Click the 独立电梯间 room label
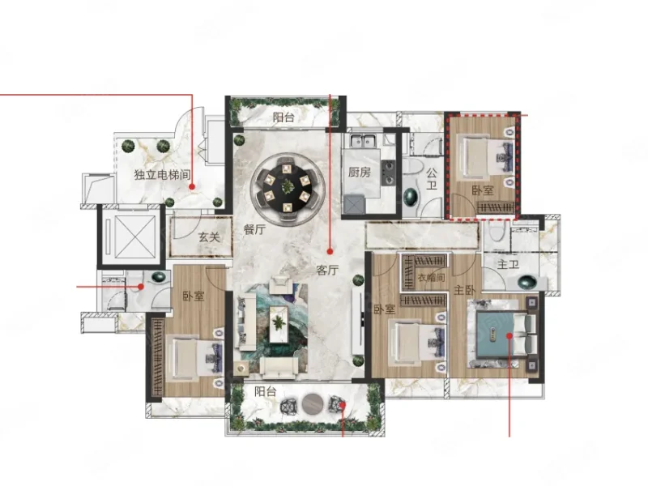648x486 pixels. pyautogui.click(x=162, y=174)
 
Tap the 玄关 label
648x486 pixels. pyautogui.click(x=209, y=237)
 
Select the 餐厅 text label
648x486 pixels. pyautogui.click(x=254, y=229)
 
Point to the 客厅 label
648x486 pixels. pyautogui.click(x=327, y=271)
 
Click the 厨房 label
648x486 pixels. pyautogui.click(x=359, y=172)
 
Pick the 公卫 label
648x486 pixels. pyautogui.click(x=432, y=179)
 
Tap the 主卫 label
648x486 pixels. pyautogui.click(x=508, y=264)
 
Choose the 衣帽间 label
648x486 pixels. pyautogui.click(x=431, y=277)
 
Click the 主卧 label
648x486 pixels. pyautogui.click(x=464, y=290)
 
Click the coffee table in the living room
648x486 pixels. pyautogui.click(x=279, y=324)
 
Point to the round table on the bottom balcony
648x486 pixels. pyautogui.click(x=313, y=404)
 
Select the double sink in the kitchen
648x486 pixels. pyautogui.click(x=363, y=141)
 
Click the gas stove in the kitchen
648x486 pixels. pyautogui.click(x=388, y=173)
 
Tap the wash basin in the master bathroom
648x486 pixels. pyautogui.click(x=527, y=283)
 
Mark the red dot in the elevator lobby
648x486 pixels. pyautogui.click(x=192, y=187)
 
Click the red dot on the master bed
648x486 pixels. pyautogui.click(x=509, y=336)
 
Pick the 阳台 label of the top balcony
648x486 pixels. pyautogui.click(x=283, y=117)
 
